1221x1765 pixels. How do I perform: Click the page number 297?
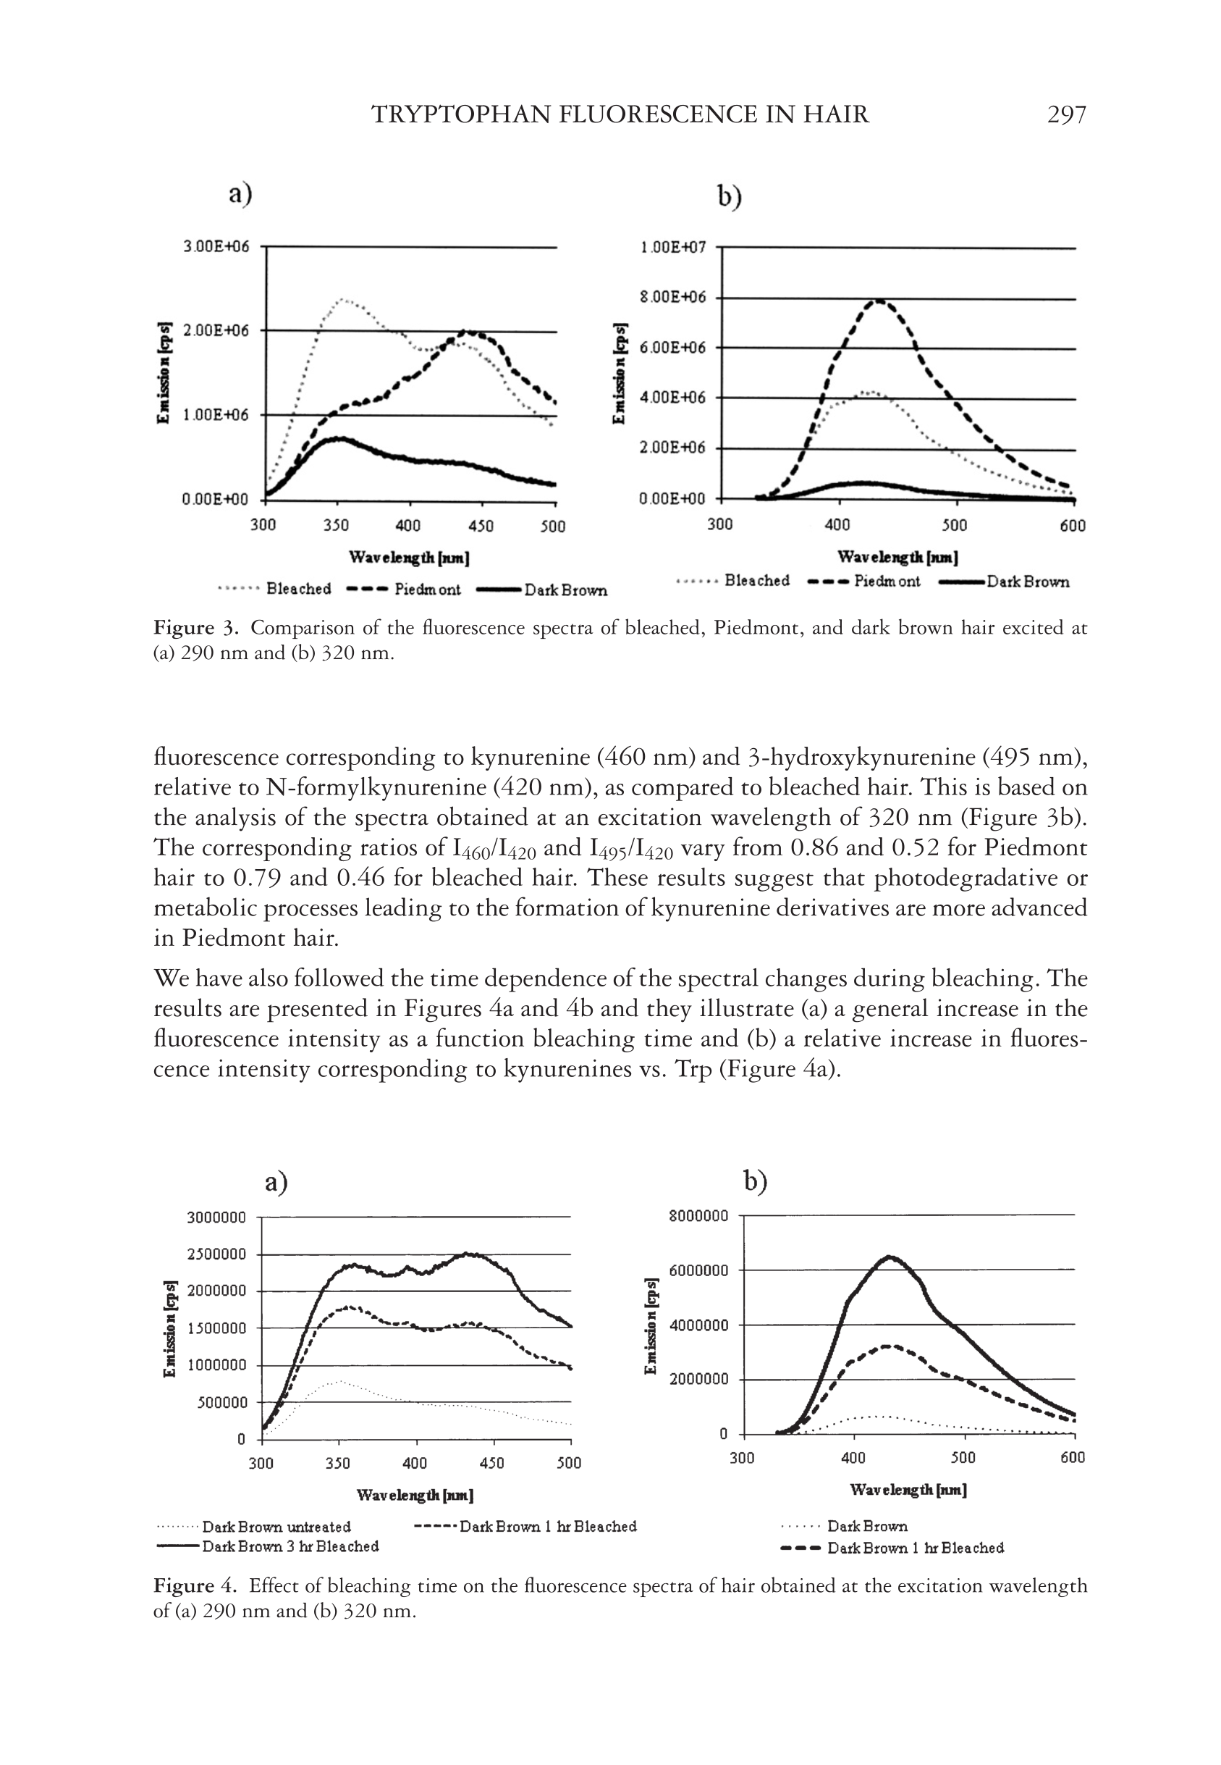coord(1065,115)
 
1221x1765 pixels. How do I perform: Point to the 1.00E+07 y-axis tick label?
coord(673,247)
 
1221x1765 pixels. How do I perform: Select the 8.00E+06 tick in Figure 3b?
coord(673,297)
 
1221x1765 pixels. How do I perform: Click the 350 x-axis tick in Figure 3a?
coord(336,526)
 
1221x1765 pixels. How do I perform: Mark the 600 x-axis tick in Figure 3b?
coord(1073,525)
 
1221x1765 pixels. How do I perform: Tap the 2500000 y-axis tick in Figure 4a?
coord(216,1254)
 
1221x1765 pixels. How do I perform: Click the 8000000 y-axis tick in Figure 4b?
coord(698,1215)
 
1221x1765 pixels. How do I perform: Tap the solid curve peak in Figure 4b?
coord(888,1257)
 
